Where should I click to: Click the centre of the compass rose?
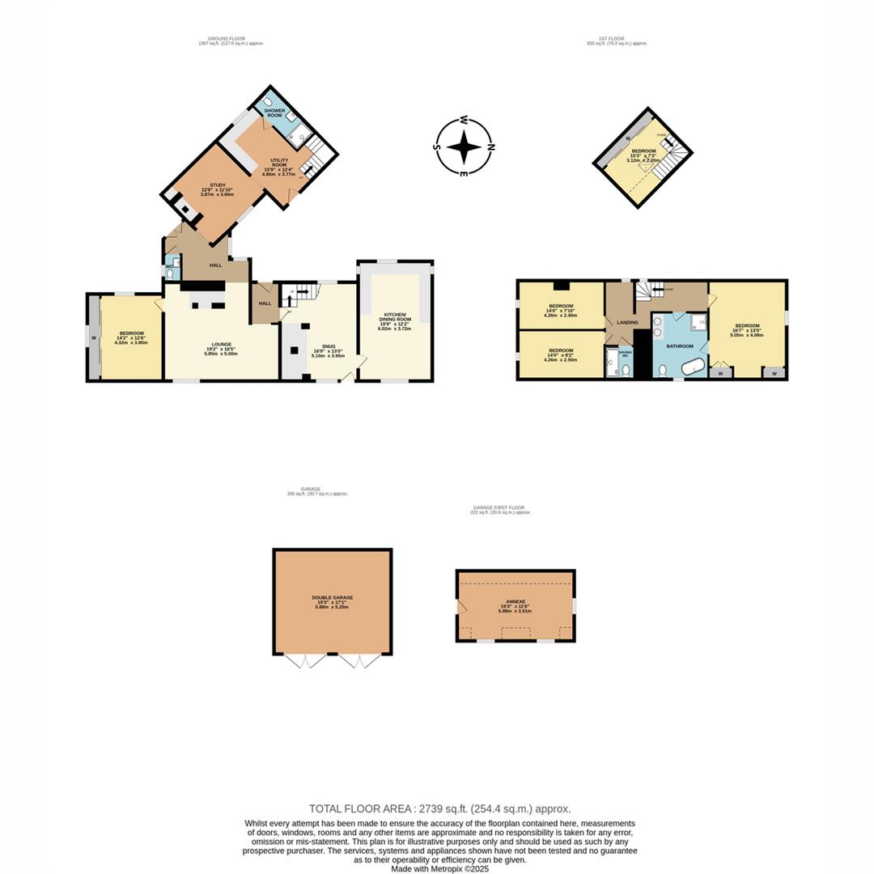[x=464, y=147]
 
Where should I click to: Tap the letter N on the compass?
[x=491, y=147]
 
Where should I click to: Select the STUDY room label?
[x=217, y=185]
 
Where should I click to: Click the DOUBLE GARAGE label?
[x=332, y=598]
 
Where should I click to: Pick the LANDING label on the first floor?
[x=627, y=322]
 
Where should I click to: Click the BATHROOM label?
[x=680, y=346]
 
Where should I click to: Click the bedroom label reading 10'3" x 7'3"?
[x=643, y=151]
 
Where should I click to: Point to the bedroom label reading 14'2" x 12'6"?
[x=131, y=333]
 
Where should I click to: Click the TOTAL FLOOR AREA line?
[x=439, y=808]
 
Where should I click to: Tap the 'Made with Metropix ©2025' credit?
[x=439, y=868]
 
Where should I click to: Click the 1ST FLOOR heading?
[x=617, y=39]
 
